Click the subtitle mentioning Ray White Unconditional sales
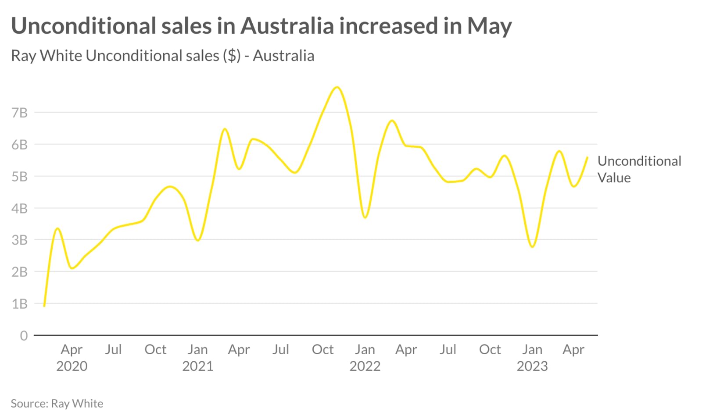pyautogui.click(x=162, y=56)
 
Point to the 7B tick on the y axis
pyautogui.click(x=19, y=113)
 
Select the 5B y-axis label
pyautogui.click(x=19, y=176)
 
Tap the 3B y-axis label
pyautogui.click(x=19, y=240)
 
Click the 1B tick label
pyautogui.click(x=19, y=303)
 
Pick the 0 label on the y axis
pyautogui.click(x=24, y=335)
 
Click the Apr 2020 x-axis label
pyautogui.click(x=72, y=357)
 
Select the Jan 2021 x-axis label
pyautogui.click(x=197, y=357)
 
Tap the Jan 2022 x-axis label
pyautogui.click(x=365, y=357)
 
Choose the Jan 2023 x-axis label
pyautogui.click(x=532, y=357)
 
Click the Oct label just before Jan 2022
pyautogui.click(x=322, y=349)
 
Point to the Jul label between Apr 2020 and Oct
pyautogui.click(x=113, y=349)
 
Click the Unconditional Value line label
pyautogui.click(x=639, y=169)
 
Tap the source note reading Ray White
pyautogui.click(x=57, y=403)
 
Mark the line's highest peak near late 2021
pyautogui.click(x=337, y=87)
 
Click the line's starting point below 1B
pyautogui.click(x=44, y=306)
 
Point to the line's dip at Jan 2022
pyautogui.click(x=365, y=217)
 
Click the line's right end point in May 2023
pyautogui.click(x=587, y=157)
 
